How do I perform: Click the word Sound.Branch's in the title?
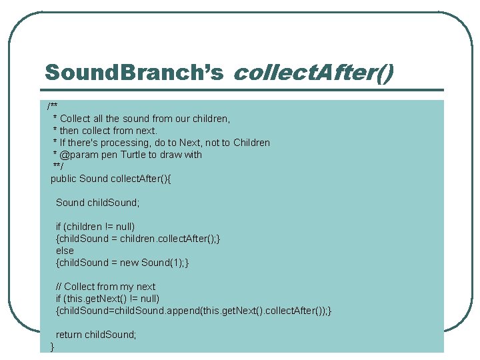pyautogui.click(x=133, y=72)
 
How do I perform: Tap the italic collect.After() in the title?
pyautogui.click(x=313, y=72)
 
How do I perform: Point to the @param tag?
pyautogui.click(x=79, y=155)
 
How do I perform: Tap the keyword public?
pyautogui.click(x=64, y=179)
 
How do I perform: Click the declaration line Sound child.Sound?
pyautogui.click(x=97, y=203)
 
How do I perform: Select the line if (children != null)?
pyautogui.click(x=95, y=227)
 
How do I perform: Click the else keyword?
pyautogui.click(x=65, y=251)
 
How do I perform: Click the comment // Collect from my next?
pyautogui.click(x=105, y=287)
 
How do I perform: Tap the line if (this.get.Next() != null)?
pyautogui.click(x=107, y=299)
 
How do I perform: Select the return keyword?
pyautogui.click(x=69, y=335)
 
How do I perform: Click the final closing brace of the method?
pyautogui.click(x=53, y=347)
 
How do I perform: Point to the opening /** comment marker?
pyautogui.click(x=52, y=107)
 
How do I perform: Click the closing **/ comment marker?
pyautogui.click(x=57, y=167)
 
